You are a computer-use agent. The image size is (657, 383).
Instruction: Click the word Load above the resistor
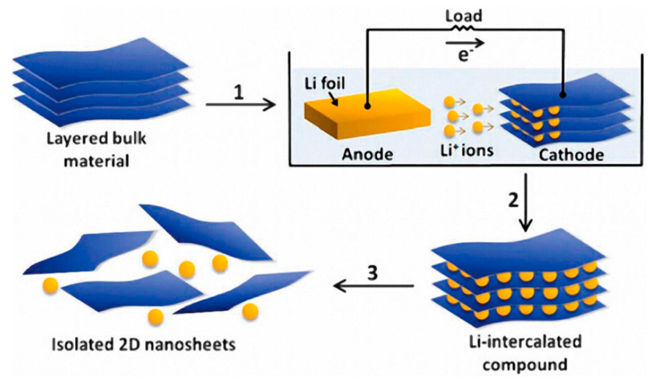coord(463,16)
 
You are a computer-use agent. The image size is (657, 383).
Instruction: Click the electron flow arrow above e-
coord(464,43)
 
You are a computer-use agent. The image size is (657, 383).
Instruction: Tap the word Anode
coord(367,154)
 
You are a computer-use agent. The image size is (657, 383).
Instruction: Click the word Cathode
coord(571,154)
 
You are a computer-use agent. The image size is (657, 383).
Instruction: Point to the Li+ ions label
coord(466,150)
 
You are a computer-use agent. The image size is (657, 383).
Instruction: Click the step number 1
coord(239,92)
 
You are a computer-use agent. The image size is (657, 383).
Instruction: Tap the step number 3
coord(372,274)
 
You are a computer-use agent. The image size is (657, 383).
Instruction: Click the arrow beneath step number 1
coord(241,105)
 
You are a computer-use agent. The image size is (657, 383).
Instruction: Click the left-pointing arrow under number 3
coord(373,286)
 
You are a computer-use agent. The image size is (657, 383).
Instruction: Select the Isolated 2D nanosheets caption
coord(143,345)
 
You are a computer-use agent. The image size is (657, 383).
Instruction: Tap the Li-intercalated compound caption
coord(525,353)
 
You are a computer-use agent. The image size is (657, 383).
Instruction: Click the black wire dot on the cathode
coord(562,95)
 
